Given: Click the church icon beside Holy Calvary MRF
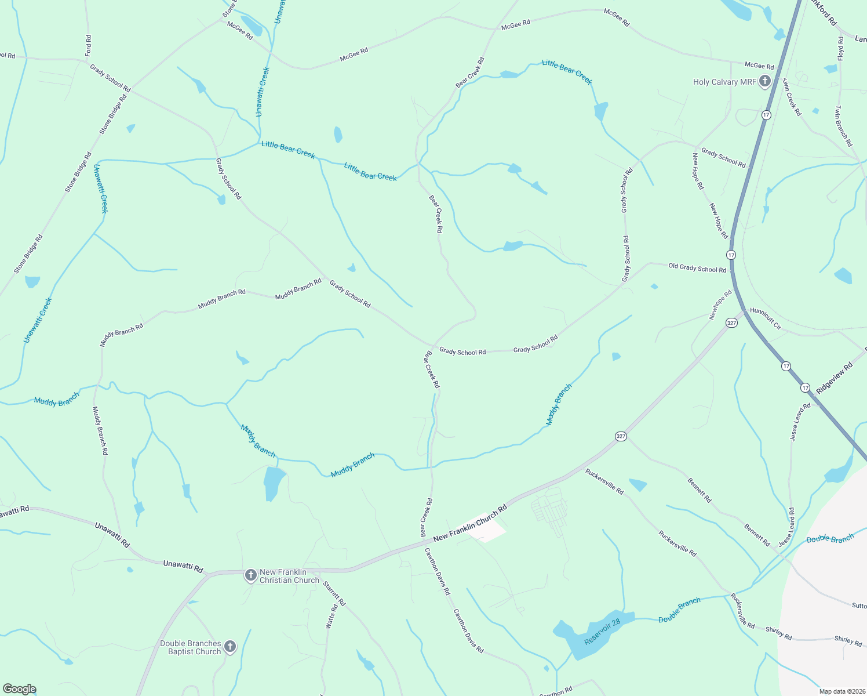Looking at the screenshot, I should (x=764, y=82).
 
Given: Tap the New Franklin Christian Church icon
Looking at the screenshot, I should (x=250, y=575).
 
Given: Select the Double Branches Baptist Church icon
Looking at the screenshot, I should (x=230, y=647).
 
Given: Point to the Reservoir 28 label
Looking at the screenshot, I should (x=602, y=631).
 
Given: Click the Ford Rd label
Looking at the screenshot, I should (x=88, y=46).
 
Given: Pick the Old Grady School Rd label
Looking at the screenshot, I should (x=697, y=269).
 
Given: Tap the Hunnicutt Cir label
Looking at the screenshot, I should (x=766, y=319).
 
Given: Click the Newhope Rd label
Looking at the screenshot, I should (x=720, y=306).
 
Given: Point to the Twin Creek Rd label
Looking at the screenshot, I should (x=792, y=97).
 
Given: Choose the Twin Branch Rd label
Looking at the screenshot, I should (x=844, y=126).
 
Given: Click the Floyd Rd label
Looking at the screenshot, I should (x=841, y=49).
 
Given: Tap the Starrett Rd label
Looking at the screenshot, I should (x=334, y=593).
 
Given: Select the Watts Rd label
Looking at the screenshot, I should (x=331, y=617).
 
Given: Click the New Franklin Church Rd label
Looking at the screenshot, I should (x=470, y=523).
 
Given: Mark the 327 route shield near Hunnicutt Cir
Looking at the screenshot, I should (x=732, y=323).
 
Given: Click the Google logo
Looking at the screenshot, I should (x=20, y=689).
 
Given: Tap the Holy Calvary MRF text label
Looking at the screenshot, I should (x=724, y=82).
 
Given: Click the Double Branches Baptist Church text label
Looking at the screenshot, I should (x=191, y=647).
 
